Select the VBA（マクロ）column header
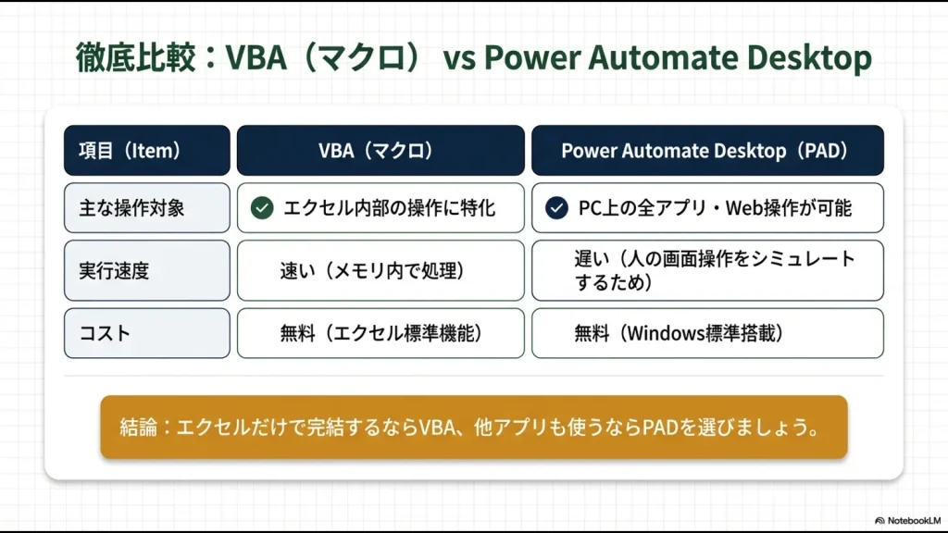pos(380,150)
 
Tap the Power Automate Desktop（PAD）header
pos(707,150)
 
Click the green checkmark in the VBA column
pos(262,208)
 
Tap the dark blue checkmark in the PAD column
pos(556,208)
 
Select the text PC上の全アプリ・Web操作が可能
pos(715,208)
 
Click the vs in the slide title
pos(459,59)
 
